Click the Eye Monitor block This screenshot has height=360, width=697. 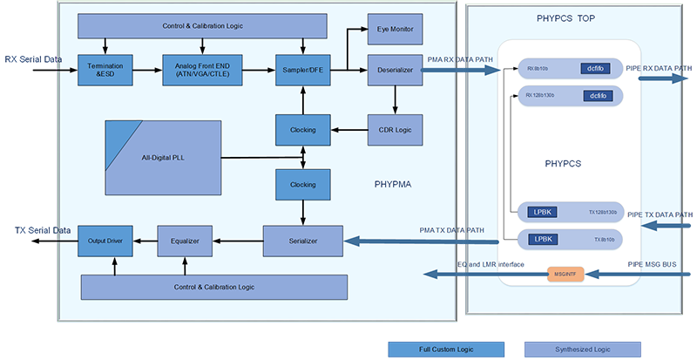coord(395,29)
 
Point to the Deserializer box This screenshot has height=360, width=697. coord(395,69)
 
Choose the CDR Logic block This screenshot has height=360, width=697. coord(395,130)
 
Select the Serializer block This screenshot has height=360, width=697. coord(302,241)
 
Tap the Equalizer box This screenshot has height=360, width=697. coord(186,241)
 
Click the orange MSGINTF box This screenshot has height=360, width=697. coord(565,274)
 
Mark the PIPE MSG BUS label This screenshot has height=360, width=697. coord(651,262)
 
